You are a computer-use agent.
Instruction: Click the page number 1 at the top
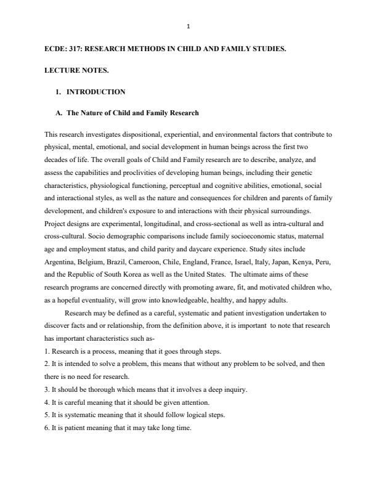188,26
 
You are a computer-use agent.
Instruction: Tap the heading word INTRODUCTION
95,92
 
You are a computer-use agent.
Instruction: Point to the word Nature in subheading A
94,113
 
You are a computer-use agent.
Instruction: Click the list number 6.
47,428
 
